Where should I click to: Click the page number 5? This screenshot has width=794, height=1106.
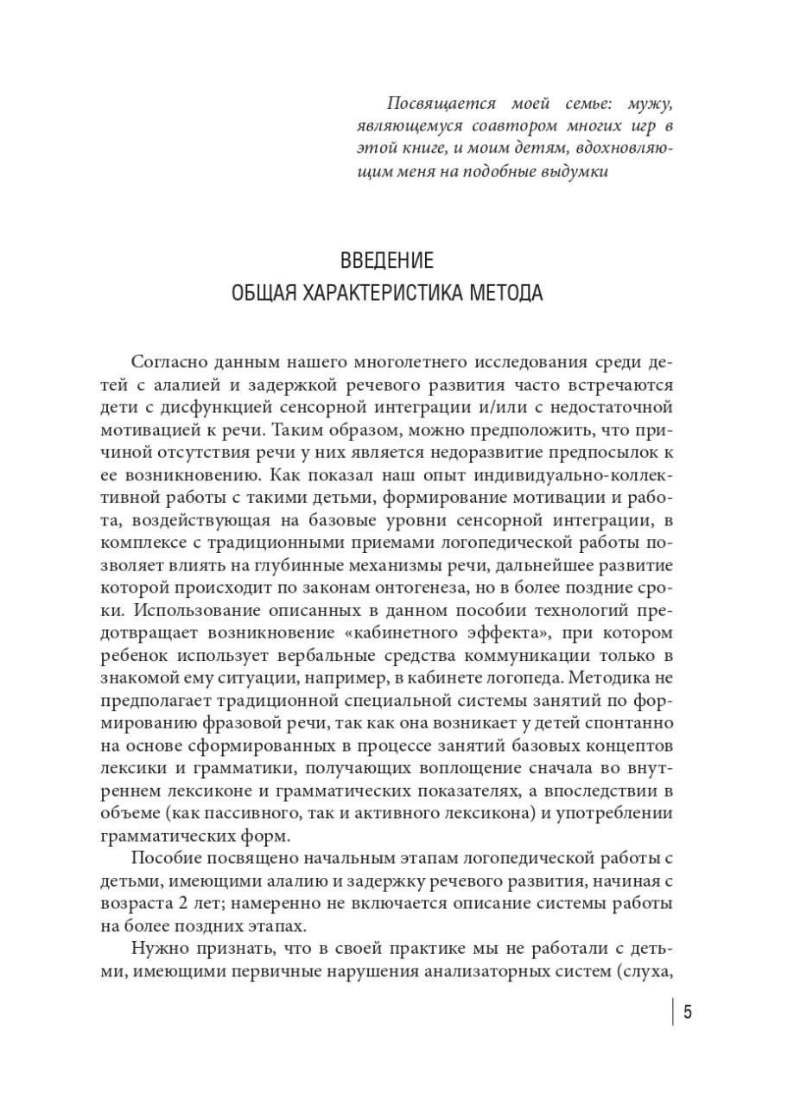688,1012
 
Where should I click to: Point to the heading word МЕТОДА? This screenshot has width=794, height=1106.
508,293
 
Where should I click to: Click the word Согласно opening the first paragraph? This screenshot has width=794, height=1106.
171,361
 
